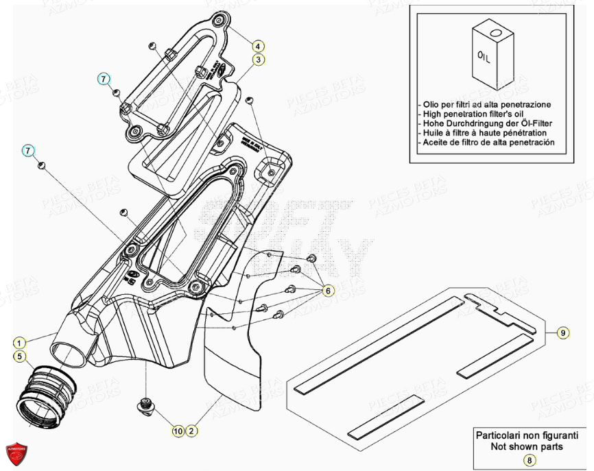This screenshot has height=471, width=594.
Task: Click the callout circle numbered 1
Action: coord(21,341)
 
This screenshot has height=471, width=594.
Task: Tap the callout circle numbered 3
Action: coord(257,60)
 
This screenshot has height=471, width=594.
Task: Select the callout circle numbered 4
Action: coord(257,47)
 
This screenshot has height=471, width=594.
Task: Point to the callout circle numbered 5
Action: coord(21,356)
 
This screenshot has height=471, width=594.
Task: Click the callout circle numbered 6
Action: coord(328,291)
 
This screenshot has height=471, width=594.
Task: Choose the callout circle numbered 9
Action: coord(562,333)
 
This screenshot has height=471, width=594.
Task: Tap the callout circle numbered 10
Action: coord(178,431)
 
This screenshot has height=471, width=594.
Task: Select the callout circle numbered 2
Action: coord(193,431)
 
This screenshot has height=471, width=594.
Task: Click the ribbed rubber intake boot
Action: coord(45,395)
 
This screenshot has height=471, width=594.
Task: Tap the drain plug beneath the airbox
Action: coord(145,405)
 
